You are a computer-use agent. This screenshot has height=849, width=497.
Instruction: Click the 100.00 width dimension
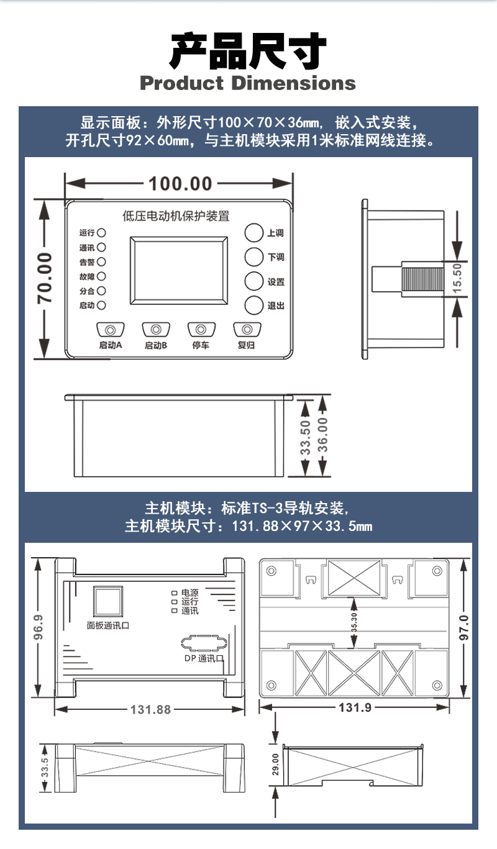point(180,183)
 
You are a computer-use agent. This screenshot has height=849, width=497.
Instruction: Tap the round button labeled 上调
point(254,233)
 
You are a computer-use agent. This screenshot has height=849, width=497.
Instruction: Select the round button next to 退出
point(254,305)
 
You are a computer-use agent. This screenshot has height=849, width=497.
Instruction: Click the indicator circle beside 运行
point(101,233)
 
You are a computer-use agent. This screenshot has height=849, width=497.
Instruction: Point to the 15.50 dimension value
point(458,277)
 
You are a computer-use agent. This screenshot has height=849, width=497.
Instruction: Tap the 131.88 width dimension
point(150,709)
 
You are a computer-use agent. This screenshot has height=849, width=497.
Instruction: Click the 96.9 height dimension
point(39,627)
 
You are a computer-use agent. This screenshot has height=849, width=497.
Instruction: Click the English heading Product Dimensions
point(248,83)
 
